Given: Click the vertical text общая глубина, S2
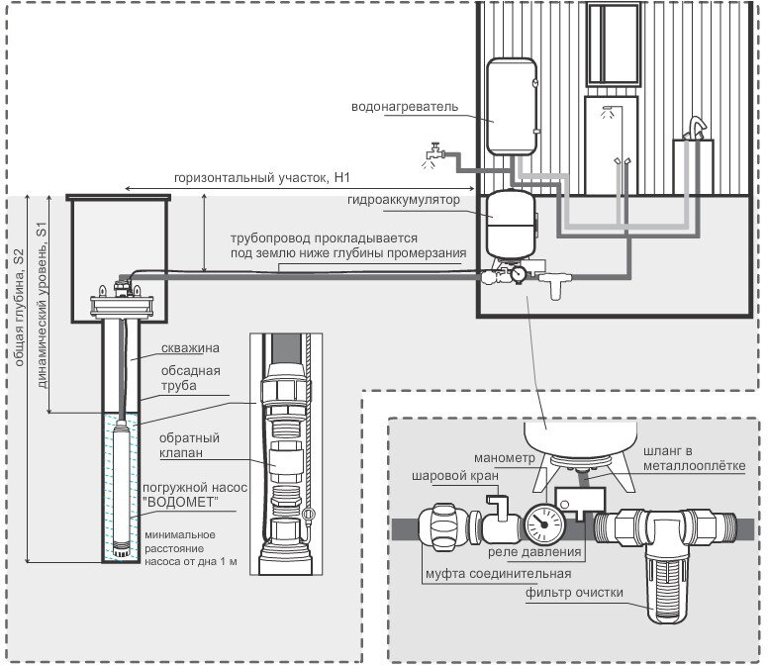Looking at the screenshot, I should click(x=17, y=306).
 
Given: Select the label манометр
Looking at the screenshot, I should click(x=504, y=459).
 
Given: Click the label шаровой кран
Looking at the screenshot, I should click(x=454, y=475).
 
